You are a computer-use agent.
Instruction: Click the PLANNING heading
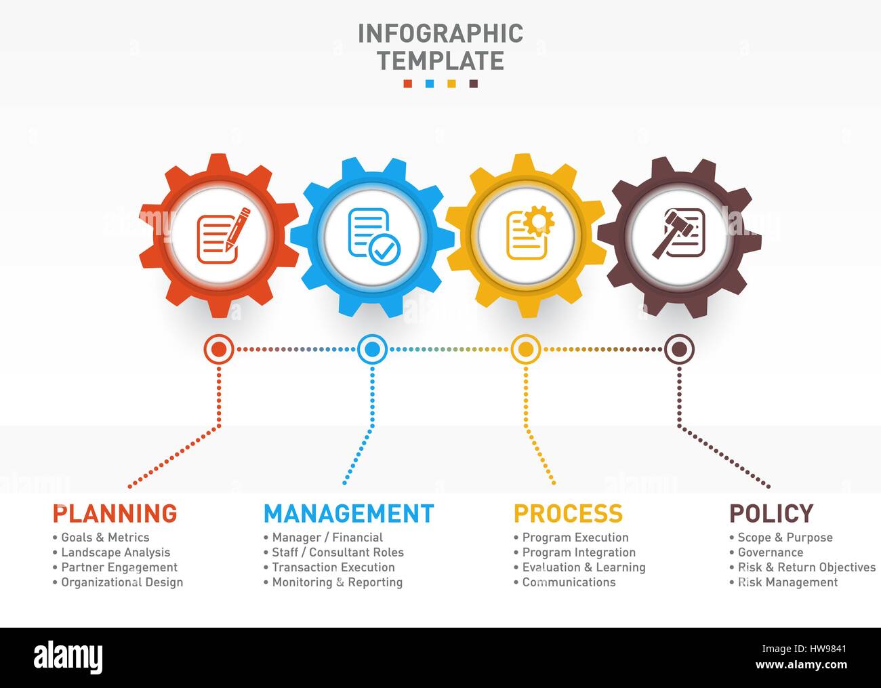coord(115,513)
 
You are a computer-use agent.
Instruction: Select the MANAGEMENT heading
coord(348,513)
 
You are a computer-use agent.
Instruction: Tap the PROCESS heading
coord(568,513)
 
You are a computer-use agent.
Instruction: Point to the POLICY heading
coord(771,513)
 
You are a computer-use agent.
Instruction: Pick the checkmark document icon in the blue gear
coord(373,235)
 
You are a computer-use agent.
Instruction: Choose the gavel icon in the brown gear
coord(678,234)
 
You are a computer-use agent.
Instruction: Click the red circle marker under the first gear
coord(219,350)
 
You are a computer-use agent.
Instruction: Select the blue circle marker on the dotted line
coord(372,350)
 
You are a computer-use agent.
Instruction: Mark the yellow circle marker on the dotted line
coord(525,350)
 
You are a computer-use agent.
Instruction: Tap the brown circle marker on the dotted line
coord(678,350)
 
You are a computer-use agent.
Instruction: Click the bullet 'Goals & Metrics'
coord(105,538)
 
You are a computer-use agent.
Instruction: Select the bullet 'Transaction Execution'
coord(333,567)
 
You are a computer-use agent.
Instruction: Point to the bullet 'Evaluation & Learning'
coord(583,567)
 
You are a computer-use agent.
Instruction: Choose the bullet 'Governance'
coord(770,552)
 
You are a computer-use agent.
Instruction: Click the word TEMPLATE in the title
coord(440,60)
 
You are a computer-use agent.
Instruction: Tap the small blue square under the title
coord(430,84)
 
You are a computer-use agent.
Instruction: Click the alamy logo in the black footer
coord(68,657)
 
